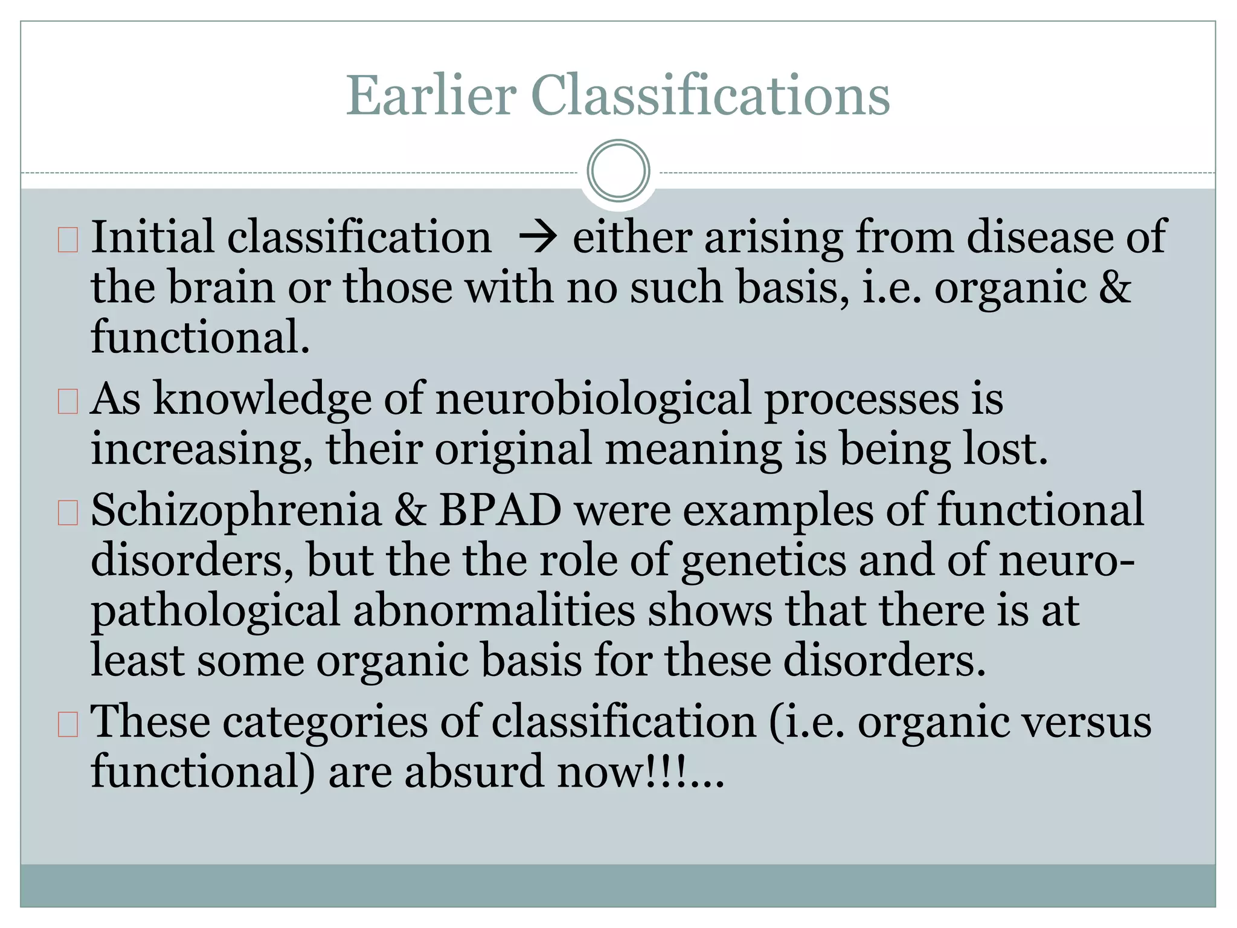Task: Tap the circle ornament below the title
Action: point(618,170)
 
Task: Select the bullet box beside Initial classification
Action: point(68,240)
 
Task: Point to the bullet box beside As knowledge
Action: point(68,401)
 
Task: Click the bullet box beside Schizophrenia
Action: point(68,512)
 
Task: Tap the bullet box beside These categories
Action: point(68,724)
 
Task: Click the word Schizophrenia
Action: point(236,511)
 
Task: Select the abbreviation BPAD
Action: point(500,511)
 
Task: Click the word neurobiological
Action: point(594,400)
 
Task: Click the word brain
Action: point(220,288)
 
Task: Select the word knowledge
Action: point(262,400)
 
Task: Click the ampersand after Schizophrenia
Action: point(410,511)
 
